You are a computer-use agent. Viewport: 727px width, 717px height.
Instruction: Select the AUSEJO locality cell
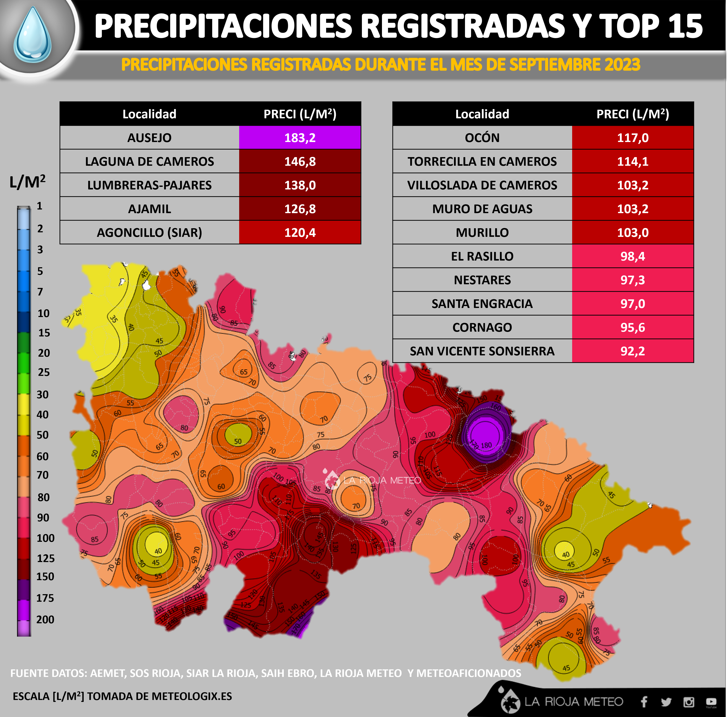(149, 138)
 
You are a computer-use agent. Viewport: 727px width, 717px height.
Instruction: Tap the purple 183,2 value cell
(300, 138)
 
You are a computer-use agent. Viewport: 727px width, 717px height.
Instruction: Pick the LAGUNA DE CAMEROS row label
(149, 161)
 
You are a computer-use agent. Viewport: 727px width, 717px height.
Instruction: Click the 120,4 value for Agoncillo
(300, 232)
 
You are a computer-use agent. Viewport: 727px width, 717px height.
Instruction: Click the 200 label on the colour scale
(45, 619)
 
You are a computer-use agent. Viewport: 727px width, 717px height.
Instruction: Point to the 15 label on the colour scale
(44, 333)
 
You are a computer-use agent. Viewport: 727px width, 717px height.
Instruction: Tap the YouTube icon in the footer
(711, 701)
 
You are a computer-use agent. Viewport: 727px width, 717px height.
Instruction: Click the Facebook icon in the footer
(644, 701)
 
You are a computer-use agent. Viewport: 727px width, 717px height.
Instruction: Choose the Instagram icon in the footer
(689, 701)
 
